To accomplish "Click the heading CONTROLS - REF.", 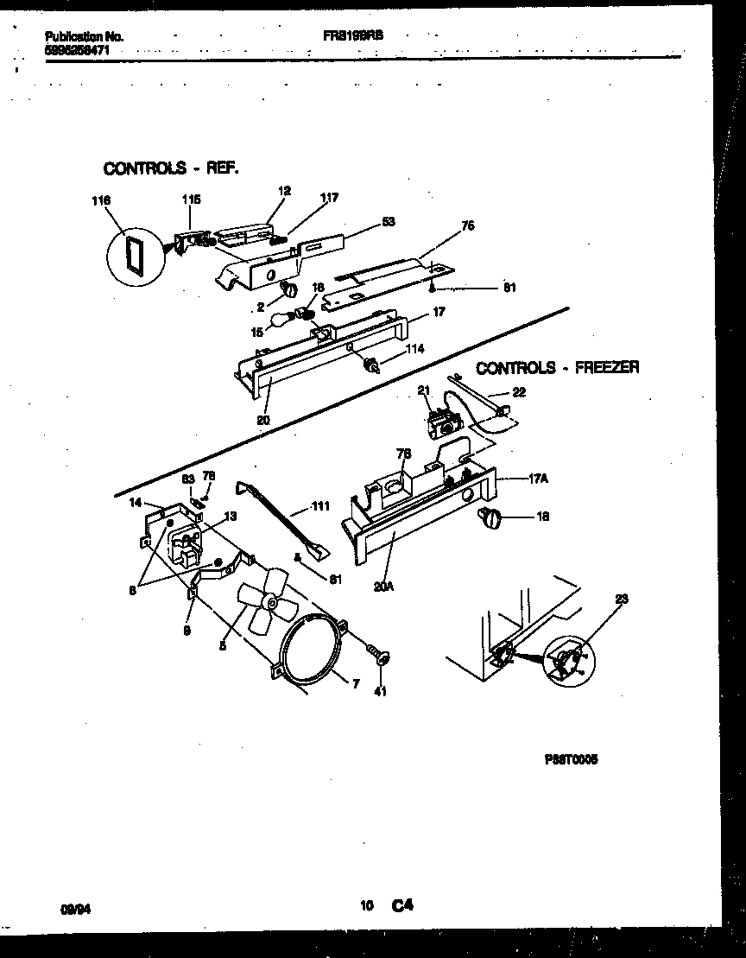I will pyautogui.click(x=170, y=168).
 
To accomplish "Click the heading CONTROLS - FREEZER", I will pyautogui.click(x=558, y=368).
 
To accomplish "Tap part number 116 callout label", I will pyautogui.click(x=102, y=200).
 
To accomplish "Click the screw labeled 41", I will pyautogui.click(x=381, y=657).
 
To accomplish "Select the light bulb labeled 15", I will pyautogui.click(x=281, y=322).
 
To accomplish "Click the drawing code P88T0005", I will pyautogui.click(x=571, y=759).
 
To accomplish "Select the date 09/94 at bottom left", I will pyautogui.click(x=75, y=909).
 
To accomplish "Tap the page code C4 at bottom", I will pyautogui.click(x=402, y=906).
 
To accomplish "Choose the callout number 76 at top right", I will pyautogui.click(x=468, y=226).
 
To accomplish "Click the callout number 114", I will pyautogui.click(x=415, y=349).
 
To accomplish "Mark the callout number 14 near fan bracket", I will pyautogui.click(x=135, y=502).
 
